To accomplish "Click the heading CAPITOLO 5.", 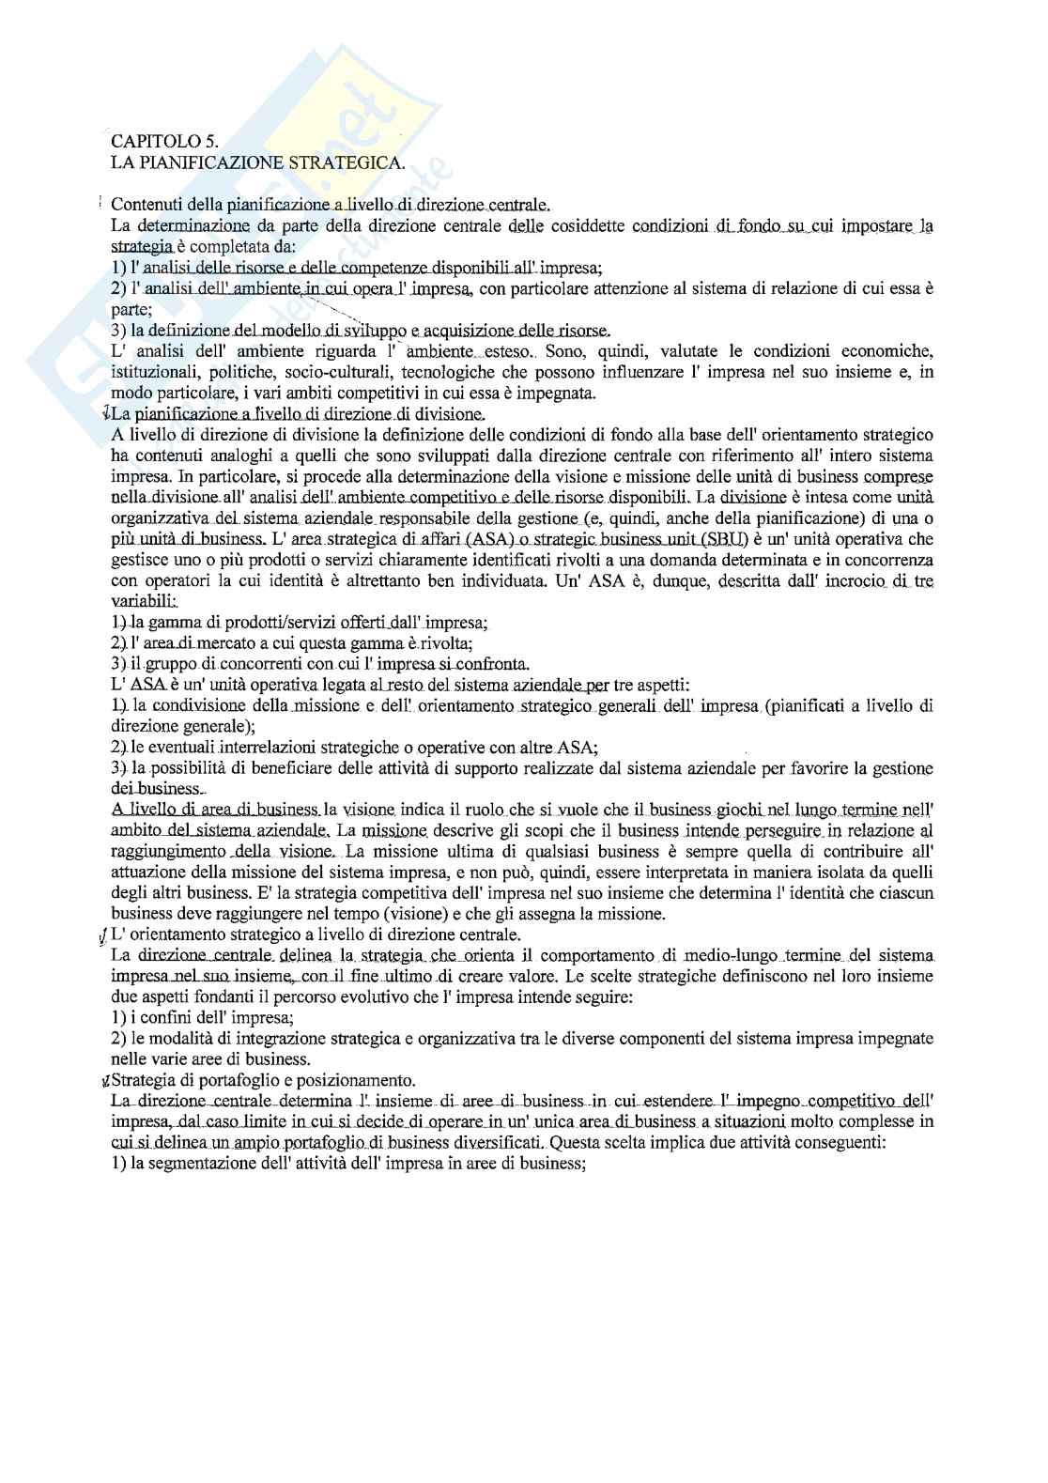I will (164, 142).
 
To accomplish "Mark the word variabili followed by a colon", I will (142, 600).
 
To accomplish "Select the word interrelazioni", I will (267, 748).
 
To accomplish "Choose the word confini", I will (162, 1017).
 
